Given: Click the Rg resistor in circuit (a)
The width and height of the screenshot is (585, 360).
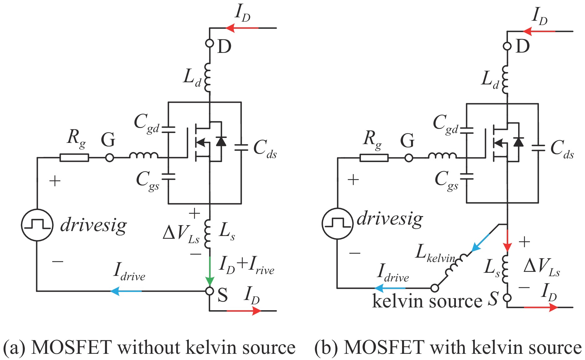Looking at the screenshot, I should (74, 158).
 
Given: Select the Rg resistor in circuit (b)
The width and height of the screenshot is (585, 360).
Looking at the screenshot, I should (374, 158).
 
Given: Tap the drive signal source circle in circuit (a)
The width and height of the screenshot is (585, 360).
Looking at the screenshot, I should (37, 225).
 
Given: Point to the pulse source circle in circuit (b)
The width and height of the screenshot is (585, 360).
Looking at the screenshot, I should (337, 223).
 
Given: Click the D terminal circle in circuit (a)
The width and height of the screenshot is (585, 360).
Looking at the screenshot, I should (210, 43).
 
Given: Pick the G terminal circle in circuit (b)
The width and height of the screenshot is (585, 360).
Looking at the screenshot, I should (409, 158).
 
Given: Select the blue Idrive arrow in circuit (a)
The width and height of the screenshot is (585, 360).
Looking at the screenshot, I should (125, 291).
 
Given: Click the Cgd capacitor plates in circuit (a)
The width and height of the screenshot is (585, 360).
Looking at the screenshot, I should (168, 130).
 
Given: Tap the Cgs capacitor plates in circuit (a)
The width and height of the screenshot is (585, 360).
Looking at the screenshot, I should (168, 177).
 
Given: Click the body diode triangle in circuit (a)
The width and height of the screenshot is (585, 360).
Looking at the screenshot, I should (221, 141).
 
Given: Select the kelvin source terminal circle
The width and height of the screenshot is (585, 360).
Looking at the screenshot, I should (435, 288).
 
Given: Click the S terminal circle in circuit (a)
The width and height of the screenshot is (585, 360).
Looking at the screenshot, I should (210, 291).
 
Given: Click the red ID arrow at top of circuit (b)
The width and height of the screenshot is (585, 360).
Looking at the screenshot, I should (539, 31).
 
